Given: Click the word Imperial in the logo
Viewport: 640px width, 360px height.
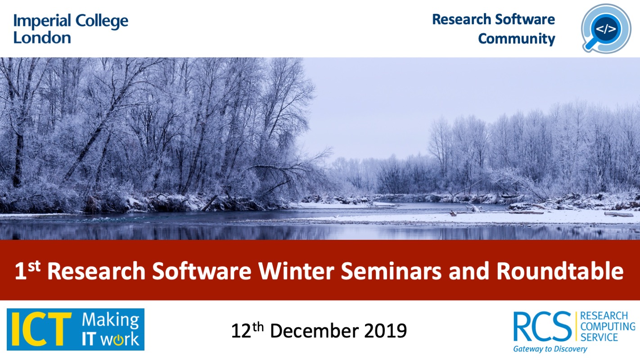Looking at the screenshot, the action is (x=42, y=22).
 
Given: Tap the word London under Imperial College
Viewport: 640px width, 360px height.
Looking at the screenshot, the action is (x=42, y=38).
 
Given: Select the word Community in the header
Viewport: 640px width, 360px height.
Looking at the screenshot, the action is (x=517, y=39).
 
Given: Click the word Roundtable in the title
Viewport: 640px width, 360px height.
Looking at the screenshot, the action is (x=560, y=270).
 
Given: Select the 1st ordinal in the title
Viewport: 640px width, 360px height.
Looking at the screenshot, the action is (x=27, y=270).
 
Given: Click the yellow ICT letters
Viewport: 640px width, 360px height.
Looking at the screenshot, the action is (x=41, y=329).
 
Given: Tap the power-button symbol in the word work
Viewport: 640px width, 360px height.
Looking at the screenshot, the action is (x=118, y=339).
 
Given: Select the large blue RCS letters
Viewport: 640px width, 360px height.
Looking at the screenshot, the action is (x=542, y=326).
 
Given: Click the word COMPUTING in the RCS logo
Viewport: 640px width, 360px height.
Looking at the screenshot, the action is (x=608, y=326).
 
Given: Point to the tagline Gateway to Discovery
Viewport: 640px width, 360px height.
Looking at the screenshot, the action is (x=550, y=349).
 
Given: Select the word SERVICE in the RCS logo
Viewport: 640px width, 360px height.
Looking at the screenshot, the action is (x=599, y=337).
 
